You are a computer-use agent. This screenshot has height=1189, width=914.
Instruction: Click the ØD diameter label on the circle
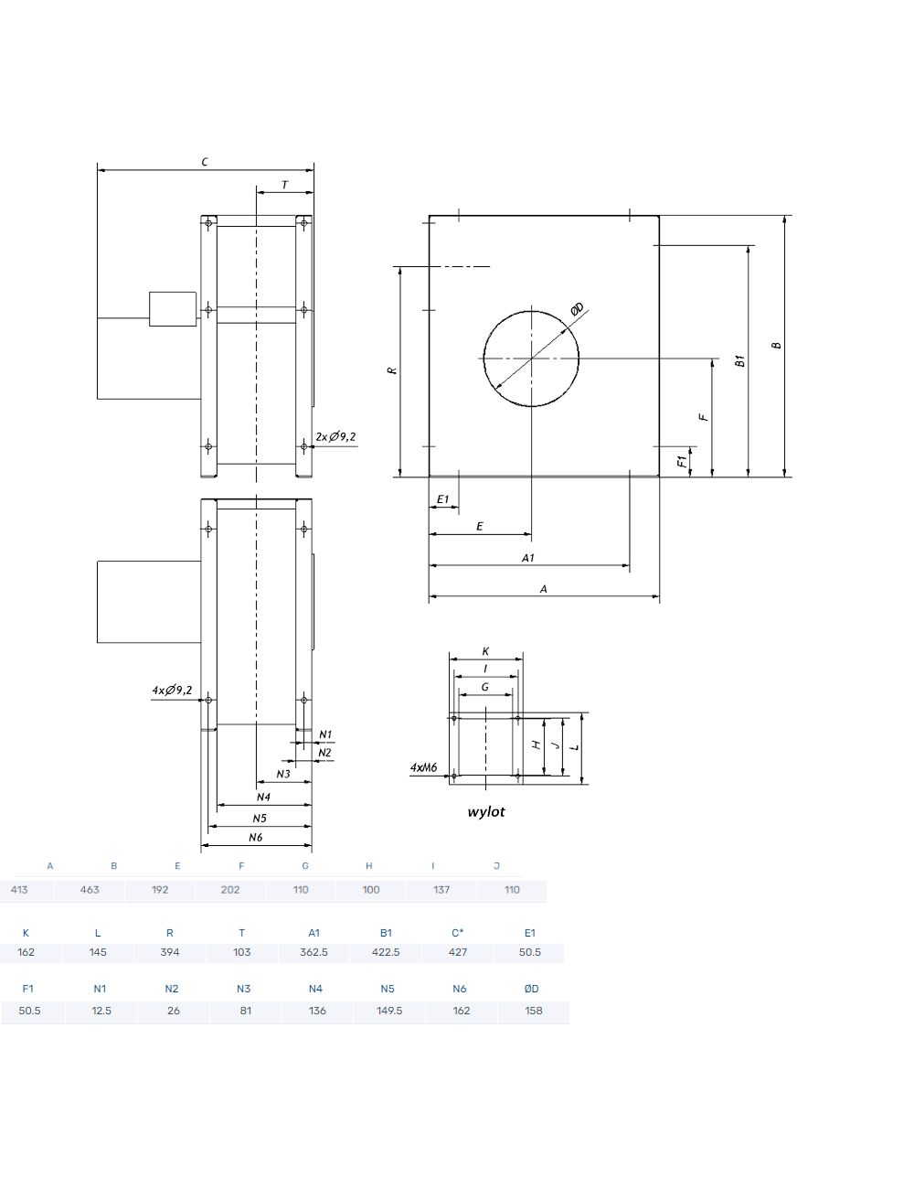click(x=578, y=309)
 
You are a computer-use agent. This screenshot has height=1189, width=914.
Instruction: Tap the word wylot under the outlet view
click(x=485, y=812)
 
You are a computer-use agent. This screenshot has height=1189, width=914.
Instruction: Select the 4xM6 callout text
click(x=424, y=767)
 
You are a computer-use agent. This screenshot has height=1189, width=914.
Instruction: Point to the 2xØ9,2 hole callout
click(x=335, y=436)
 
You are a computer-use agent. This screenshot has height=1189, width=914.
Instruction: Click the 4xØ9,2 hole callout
click(x=172, y=690)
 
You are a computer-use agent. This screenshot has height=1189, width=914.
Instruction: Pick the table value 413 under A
click(x=19, y=890)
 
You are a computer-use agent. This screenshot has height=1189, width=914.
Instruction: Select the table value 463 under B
click(x=90, y=890)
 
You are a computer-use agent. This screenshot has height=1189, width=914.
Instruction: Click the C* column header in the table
click(x=458, y=933)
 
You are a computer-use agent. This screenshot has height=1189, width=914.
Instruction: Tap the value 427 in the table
click(x=458, y=952)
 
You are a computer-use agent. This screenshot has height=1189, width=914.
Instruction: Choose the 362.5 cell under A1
click(x=314, y=952)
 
